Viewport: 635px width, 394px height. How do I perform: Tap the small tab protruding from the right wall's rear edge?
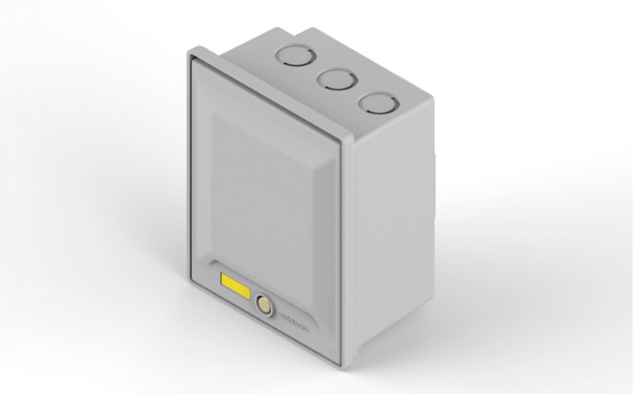436,167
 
